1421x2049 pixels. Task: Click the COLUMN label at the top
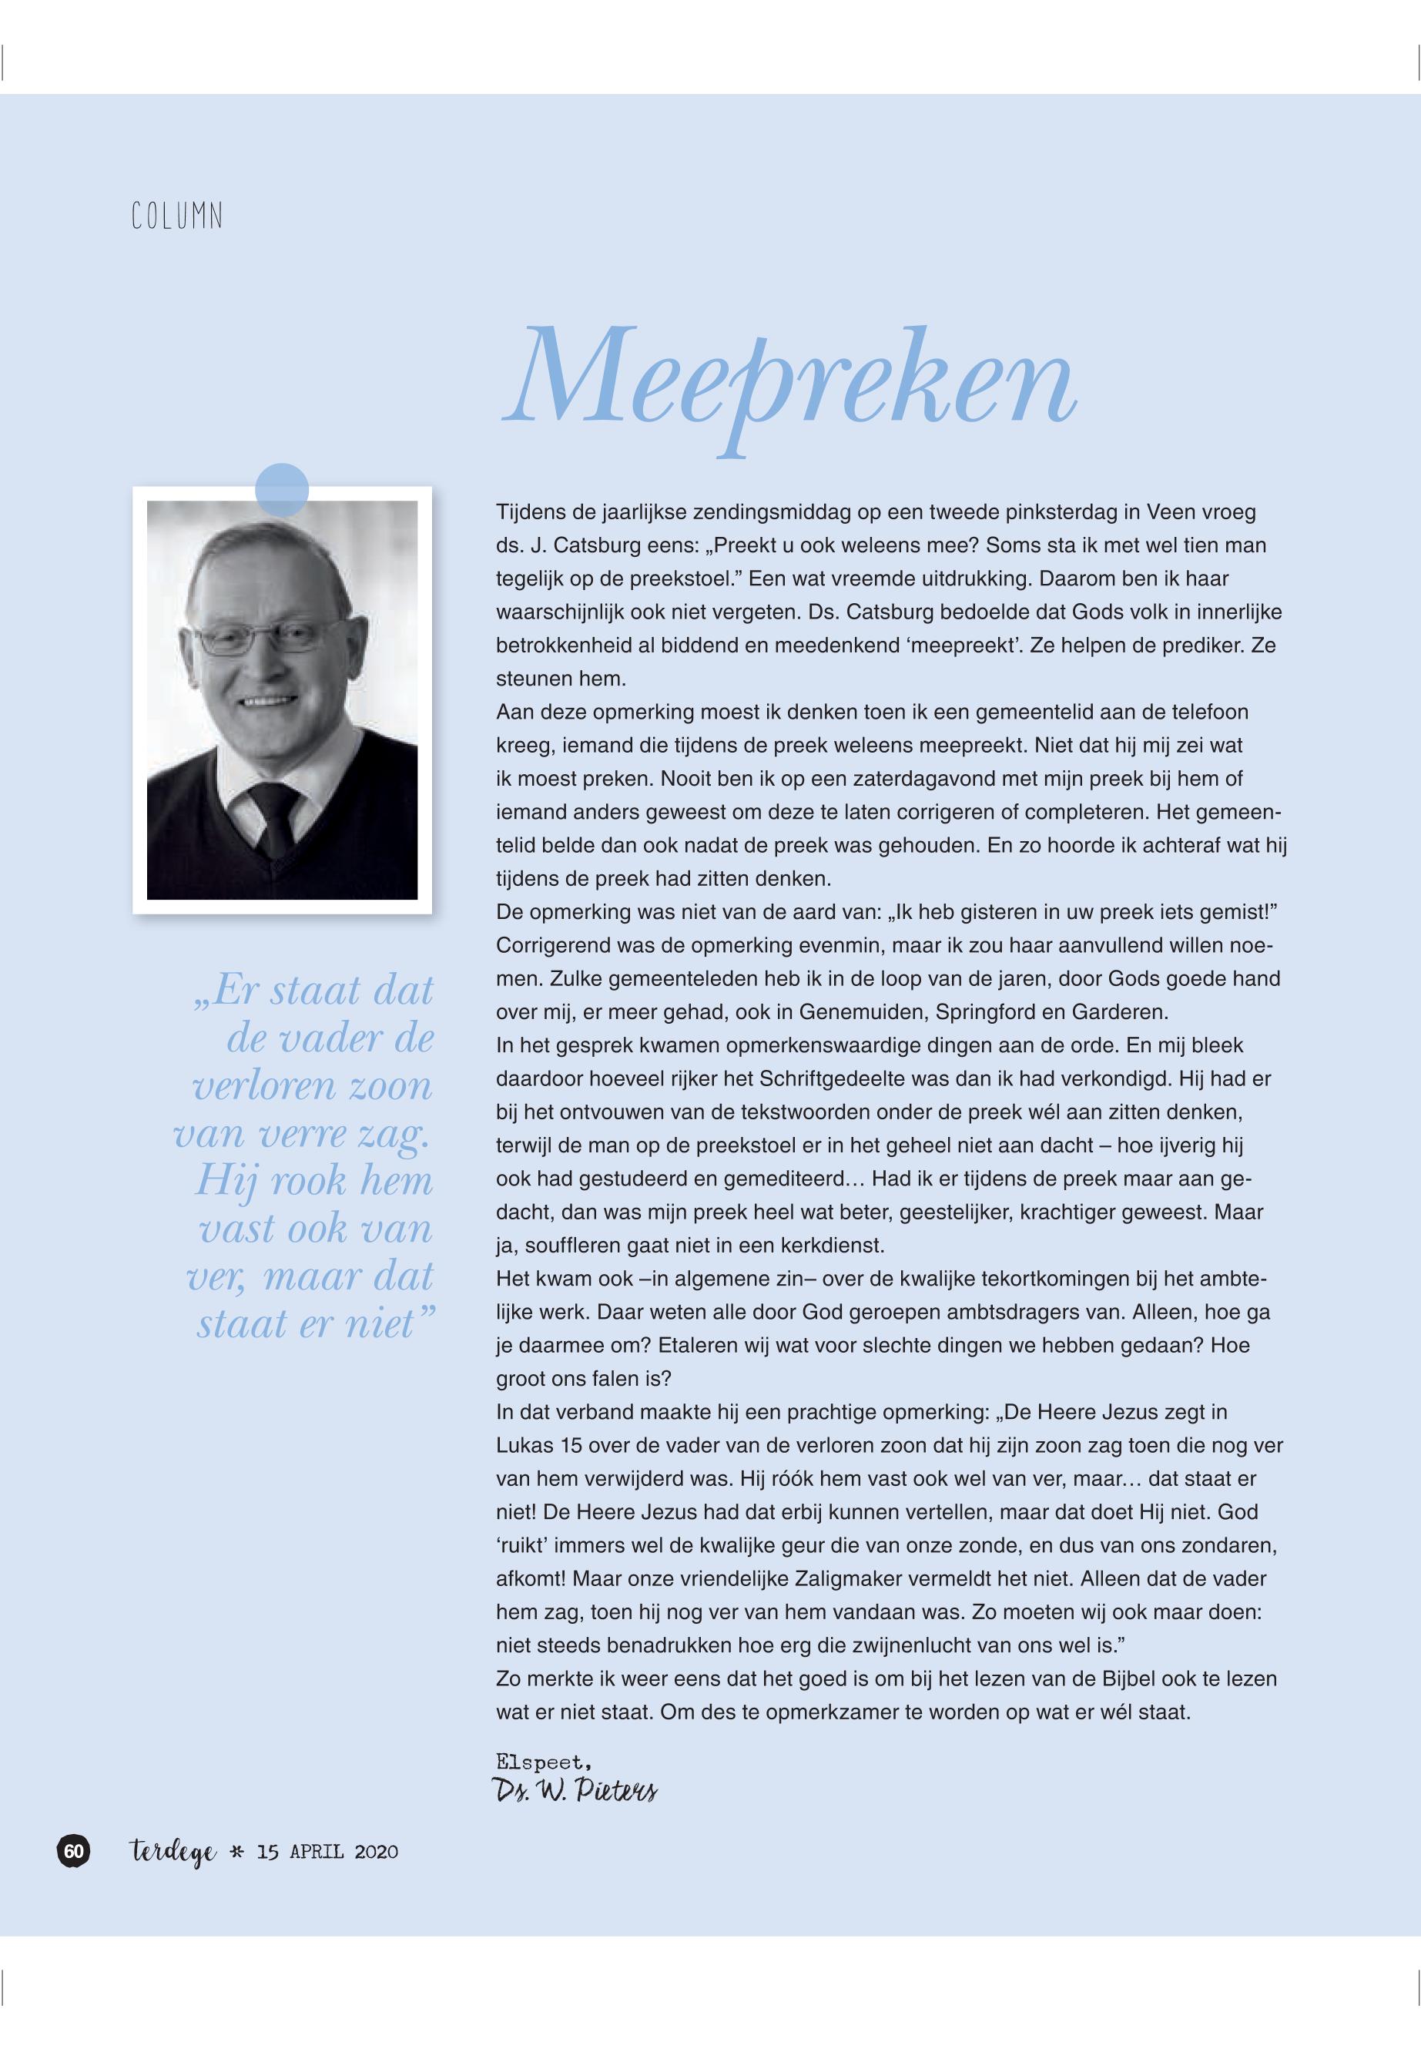coord(176,216)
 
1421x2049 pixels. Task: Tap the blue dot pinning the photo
coord(281,490)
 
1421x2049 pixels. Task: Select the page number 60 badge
coord(74,1851)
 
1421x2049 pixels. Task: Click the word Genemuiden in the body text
coord(856,1012)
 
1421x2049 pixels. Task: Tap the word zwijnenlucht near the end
coord(900,1645)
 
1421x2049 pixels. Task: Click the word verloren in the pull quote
coord(252,1086)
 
